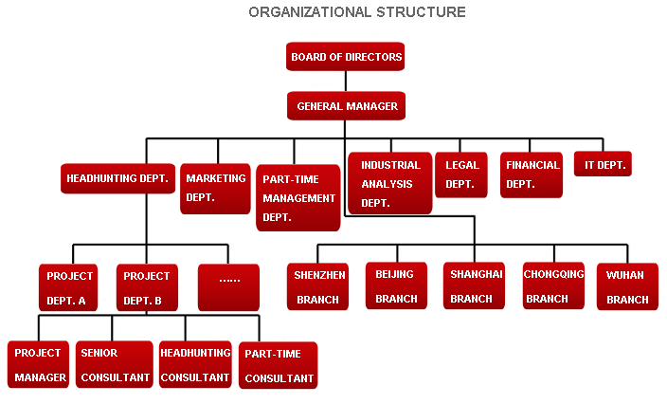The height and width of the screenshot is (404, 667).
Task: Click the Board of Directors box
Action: pos(346,57)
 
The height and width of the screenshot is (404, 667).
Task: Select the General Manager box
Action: pos(347,106)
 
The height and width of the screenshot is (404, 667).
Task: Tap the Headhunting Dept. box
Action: pos(117,178)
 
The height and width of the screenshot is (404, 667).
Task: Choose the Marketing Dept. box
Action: pos(215,188)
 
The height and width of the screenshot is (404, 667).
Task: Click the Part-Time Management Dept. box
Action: pos(298,198)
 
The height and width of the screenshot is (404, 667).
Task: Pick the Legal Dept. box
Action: pos(460,174)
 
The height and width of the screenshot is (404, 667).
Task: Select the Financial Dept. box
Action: pos(532,174)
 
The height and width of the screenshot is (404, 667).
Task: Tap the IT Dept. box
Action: pos(604,165)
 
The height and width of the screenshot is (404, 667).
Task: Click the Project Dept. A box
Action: pos(69,288)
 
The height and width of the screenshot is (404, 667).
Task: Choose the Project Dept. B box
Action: pos(147,288)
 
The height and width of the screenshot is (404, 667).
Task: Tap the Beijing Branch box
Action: pos(396,285)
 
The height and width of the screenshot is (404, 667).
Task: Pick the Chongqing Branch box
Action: pos(554,285)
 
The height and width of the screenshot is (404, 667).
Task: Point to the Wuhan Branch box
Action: pos(626,287)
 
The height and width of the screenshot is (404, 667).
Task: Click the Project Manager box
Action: pos(40,365)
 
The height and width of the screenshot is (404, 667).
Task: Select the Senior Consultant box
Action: pos(115,365)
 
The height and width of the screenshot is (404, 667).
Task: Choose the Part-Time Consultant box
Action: pos(279,366)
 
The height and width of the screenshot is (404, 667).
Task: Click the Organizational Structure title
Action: pos(357,12)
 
